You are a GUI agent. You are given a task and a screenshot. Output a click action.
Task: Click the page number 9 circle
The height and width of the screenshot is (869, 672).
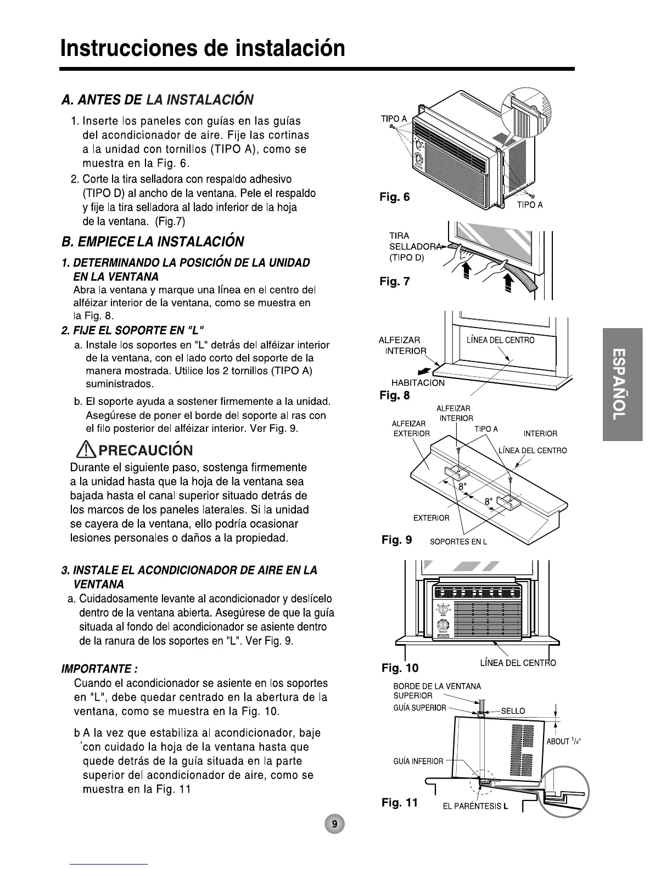click(x=334, y=824)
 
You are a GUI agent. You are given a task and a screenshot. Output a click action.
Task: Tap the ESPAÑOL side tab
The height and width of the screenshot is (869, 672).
click(x=622, y=384)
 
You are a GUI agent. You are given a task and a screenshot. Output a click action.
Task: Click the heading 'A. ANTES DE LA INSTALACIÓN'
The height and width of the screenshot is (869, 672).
click(x=158, y=100)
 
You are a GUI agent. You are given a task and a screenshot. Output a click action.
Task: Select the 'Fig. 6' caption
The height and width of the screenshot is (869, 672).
click(x=395, y=197)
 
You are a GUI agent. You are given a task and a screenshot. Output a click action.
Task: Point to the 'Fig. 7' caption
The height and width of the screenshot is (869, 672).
click(x=395, y=282)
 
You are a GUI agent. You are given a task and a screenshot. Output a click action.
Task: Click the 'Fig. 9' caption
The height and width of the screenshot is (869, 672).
click(x=396, y=540)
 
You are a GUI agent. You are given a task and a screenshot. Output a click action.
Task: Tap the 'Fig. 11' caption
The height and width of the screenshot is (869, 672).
click(x=400, y=803)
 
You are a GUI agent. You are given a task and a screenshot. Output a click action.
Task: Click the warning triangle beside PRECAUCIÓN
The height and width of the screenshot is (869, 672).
click(x=87, y=451)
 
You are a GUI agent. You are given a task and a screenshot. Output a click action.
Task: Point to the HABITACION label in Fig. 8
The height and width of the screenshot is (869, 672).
click(x=418, y=383)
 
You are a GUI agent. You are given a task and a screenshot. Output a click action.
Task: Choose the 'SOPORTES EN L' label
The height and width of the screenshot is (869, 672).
click(x=458, y=542)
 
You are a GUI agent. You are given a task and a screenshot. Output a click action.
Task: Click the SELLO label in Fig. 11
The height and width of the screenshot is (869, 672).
click(x=513, y=711)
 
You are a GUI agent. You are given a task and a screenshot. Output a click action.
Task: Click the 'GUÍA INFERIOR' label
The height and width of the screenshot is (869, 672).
click(x=418, y=761)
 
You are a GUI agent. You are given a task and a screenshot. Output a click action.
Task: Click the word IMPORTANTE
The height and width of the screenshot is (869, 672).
click(x=99, y=669)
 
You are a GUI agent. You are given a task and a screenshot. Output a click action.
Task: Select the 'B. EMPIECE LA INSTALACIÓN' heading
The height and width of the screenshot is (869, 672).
click(x=153, y=242)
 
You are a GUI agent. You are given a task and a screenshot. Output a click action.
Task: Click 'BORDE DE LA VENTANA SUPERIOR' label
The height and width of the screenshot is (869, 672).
click(x=436, y=691)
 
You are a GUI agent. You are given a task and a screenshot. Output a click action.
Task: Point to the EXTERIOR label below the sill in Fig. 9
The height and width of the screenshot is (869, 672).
click(x=431, y=518)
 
